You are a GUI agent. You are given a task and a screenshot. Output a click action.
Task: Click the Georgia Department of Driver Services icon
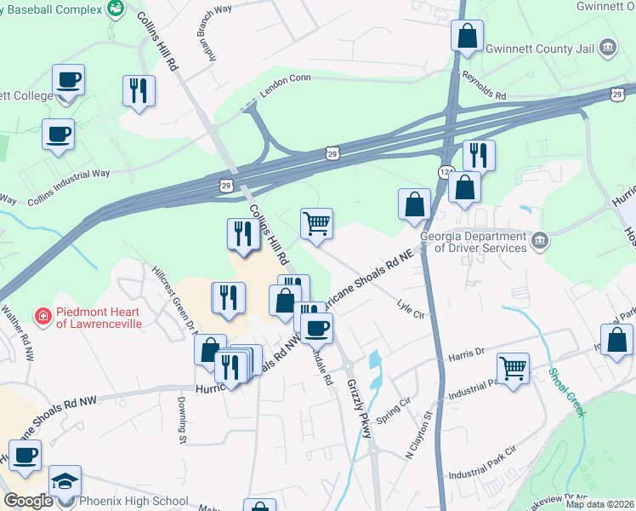pos(539,243)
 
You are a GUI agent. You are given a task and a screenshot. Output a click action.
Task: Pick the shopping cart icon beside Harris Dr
pos(513,369)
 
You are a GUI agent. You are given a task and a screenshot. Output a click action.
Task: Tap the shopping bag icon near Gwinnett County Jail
pos(467,36)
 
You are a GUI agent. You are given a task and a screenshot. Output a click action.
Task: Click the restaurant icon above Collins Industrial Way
pos(139,89)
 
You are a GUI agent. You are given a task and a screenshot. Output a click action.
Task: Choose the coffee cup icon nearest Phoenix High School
pos(25,455)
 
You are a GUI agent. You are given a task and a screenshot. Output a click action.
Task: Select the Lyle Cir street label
pos(411,308)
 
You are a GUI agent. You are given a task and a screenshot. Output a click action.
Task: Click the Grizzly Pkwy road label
pos(360,410)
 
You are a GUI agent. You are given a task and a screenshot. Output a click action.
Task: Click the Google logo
pos(29,501)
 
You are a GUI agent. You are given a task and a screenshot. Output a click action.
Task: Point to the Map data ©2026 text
pos(599,504)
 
